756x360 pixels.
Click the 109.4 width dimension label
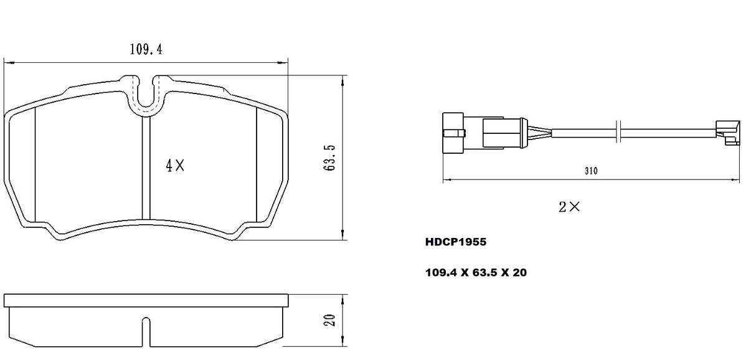click(x=146, y=50)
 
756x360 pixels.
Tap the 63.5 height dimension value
click(x=331, y=158)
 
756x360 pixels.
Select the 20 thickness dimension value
click(x=331, y=320)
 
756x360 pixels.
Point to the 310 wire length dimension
click(x=590, y=171)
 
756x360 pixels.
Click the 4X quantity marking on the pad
click(x=175, y=166)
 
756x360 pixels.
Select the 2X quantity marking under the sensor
click(x=569, y=207)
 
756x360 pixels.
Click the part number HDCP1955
click(x=455, y=243)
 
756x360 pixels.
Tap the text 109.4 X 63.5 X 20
click(x=475, y=272)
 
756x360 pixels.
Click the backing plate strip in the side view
click(x=147, y=300)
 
